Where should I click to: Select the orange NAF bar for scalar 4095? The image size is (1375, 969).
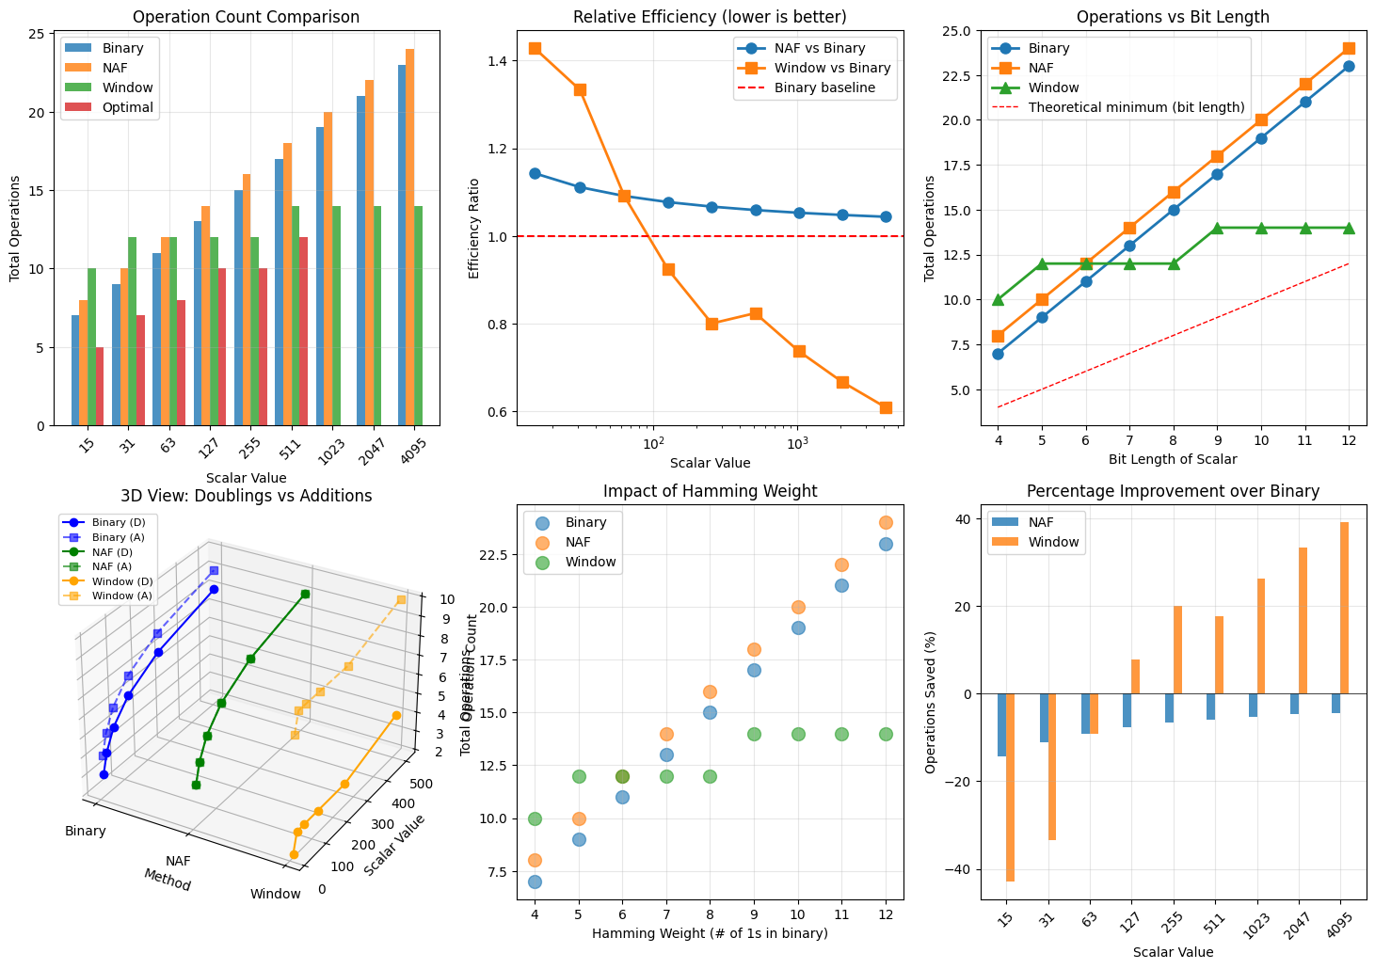coord(409,237)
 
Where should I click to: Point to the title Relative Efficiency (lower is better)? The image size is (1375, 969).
coord(710,17)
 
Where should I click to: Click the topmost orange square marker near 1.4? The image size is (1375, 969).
coord(536,48)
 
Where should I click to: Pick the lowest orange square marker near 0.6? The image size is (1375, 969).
coord(886,407)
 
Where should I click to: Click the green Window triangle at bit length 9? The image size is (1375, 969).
coord(1217,228)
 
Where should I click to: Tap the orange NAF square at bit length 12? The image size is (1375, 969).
coord(1349,48)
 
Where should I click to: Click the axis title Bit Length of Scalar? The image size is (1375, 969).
coord(1173,459)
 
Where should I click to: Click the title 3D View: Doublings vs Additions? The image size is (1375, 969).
coord(247,496)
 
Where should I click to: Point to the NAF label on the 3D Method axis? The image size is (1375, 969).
coord(178,861)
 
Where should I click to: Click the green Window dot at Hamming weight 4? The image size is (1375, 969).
coord(535,818)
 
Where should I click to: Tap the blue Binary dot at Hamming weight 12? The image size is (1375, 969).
coord(886,544)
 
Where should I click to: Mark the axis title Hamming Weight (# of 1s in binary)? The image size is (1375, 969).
coord(710,933)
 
